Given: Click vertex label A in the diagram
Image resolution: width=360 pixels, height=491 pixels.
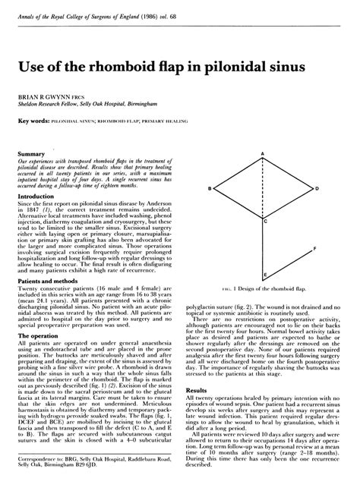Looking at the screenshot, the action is [263, 154].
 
